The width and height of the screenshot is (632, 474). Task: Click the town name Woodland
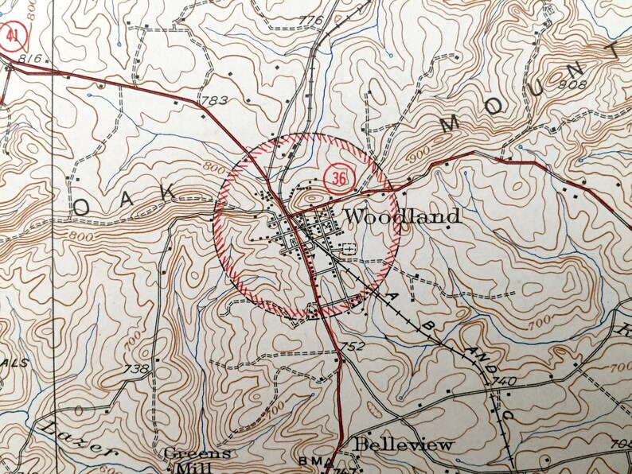tap(404, 216)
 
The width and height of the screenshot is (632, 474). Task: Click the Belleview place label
tap(404, 444)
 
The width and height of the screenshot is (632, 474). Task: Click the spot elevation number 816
tap(29, 59)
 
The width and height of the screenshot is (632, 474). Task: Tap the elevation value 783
tap(216, 101)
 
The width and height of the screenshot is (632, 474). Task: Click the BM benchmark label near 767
tap(310, 461)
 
